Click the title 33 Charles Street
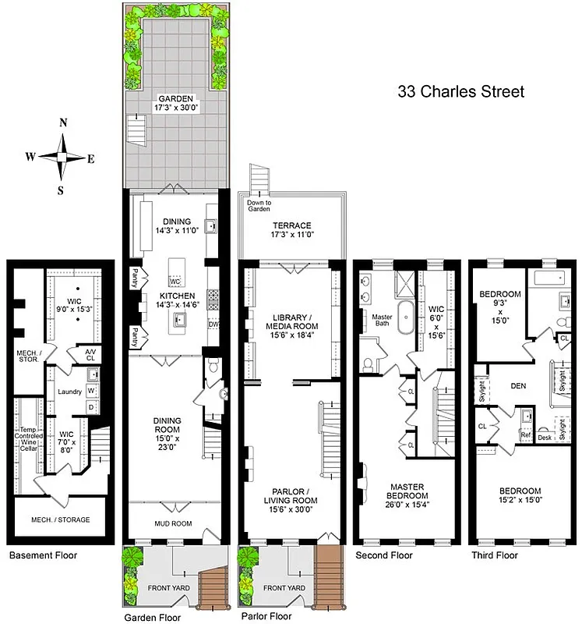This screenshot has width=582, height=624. point(461,91)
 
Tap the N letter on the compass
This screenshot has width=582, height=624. point(64,122)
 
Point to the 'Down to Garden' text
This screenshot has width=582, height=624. point(259,206)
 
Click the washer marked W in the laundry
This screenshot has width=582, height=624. point(90,390)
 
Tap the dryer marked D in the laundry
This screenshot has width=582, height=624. point(90,407)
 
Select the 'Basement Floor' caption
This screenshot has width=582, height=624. point(43,555)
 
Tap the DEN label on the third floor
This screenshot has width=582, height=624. point(518,385)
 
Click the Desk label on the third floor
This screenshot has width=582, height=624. point(545,438)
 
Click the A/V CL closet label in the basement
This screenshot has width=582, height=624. point(91,356)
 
